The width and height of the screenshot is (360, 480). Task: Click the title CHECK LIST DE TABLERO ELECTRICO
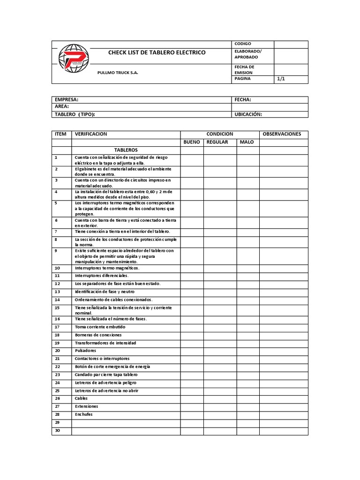(157, 52)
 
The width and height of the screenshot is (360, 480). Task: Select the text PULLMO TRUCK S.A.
(117, 73)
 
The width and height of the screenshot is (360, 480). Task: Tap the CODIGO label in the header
(243, 44)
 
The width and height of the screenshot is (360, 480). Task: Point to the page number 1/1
(280, 79)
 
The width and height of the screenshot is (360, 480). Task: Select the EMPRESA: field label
(67, 100)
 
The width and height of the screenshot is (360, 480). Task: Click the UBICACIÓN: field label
(248, 114)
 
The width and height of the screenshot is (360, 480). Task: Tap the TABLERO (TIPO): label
(78, 114)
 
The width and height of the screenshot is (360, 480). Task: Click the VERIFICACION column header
(91, 134)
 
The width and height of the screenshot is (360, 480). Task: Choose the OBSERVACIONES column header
(282, 134)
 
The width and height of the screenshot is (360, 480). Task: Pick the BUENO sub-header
(192, 142)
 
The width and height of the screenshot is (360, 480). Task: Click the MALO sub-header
(247, 142)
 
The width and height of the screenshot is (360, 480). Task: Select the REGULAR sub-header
(217, 142)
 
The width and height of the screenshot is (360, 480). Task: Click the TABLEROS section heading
(126, 150)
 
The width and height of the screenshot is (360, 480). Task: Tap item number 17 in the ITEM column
(57, 327)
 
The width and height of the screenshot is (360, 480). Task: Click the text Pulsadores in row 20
(85, 351)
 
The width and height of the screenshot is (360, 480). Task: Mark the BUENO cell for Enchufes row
(192, 415)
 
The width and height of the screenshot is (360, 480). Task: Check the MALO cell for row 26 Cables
(247, 399)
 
